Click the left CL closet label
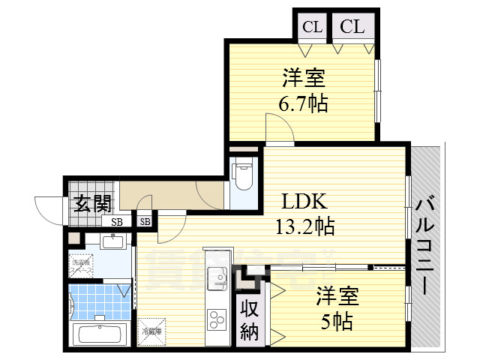[313, 28]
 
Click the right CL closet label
[352, 28]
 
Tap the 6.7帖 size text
[304, 103]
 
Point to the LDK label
[304, 202]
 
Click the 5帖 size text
[337, 322]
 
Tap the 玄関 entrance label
[93, 204]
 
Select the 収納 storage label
[250, 319]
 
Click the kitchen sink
[218, 276]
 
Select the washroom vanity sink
[112, 241]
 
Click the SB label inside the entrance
[117, 222]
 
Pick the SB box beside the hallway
[145, 222]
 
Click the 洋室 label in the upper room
[303, 78]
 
